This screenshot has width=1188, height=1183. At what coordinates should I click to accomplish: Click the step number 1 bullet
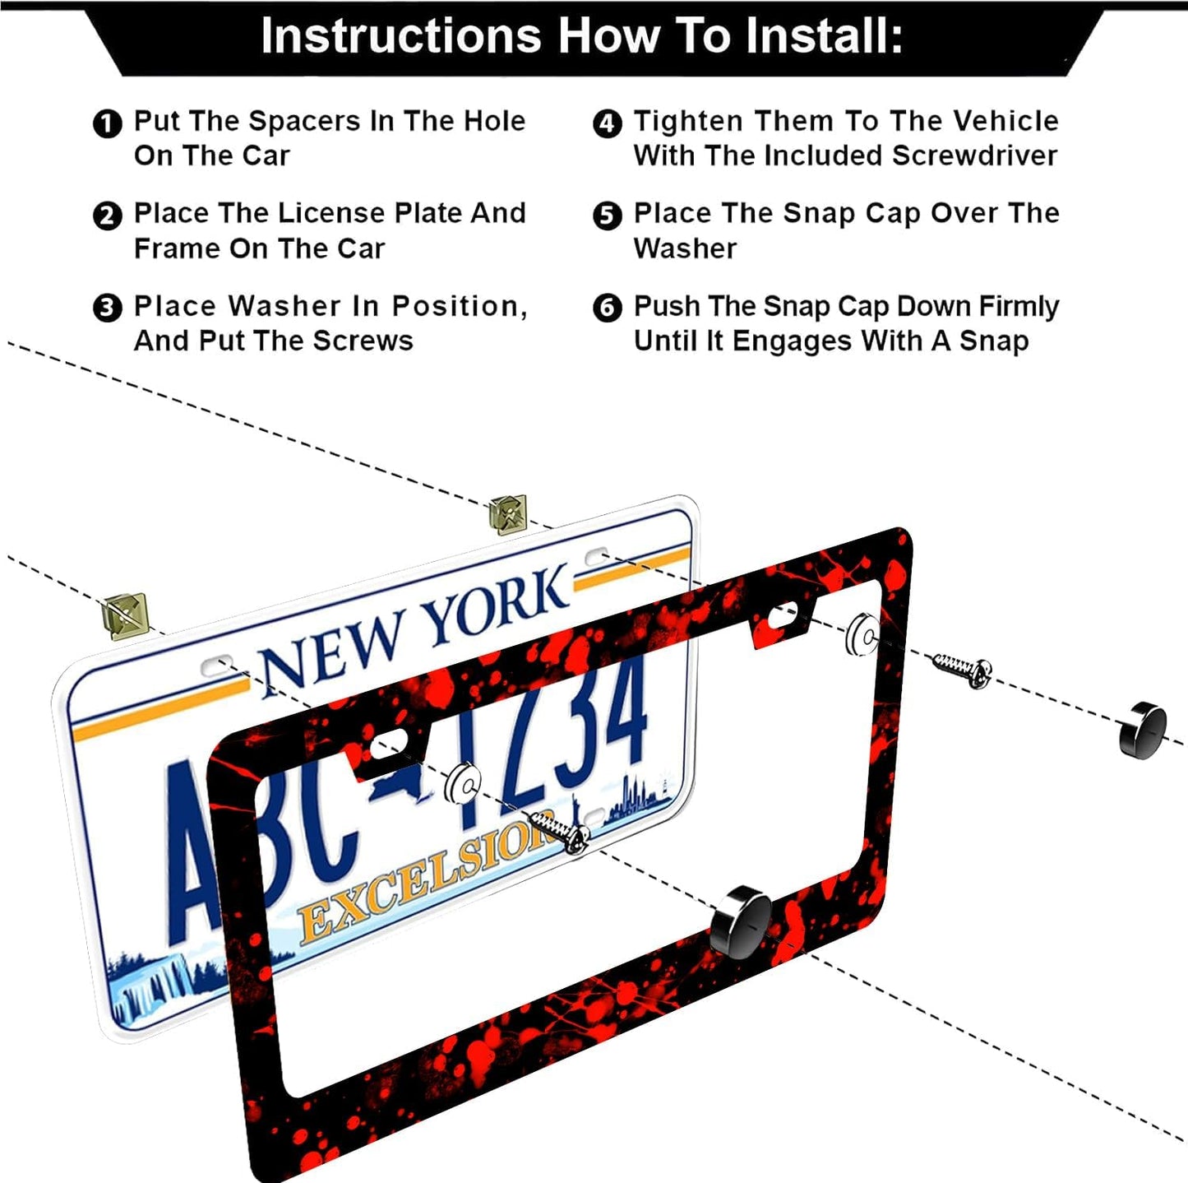(107, 124)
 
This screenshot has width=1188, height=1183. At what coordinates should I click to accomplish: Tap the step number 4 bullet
(607, 124)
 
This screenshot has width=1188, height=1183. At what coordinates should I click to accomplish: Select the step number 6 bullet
(607, 309)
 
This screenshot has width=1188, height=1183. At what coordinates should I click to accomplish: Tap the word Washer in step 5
(685, 248)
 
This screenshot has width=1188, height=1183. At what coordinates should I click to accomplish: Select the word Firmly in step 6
(1018, 306)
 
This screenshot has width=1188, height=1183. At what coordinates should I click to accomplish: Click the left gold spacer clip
(125, 615)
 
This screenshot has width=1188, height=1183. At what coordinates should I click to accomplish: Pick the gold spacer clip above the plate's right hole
(507, 514)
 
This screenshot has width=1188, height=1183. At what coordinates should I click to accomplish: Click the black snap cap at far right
(1143, 729)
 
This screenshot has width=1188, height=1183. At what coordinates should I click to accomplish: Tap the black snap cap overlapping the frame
(741, 921)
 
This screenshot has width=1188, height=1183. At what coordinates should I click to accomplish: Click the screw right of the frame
(963, 668)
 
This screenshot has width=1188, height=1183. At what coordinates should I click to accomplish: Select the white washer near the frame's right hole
(863, 634)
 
